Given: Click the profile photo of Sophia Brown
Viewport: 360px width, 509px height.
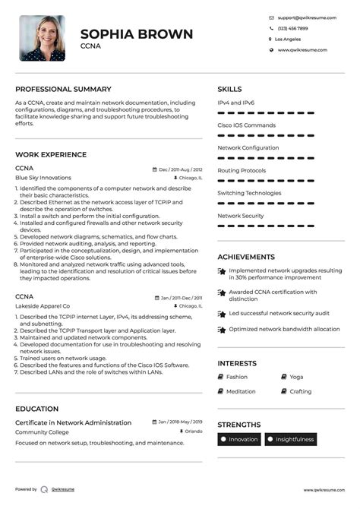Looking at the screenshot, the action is [x=42, y=38].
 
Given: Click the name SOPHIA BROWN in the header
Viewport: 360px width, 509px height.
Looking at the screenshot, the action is [x=137, y=34].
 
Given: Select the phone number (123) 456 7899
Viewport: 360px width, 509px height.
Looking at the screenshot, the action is [x=292, y=27].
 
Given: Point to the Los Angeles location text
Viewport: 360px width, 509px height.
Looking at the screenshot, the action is [x=288, y=39].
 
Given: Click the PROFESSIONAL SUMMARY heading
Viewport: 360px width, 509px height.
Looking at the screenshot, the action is [x=63, y=89].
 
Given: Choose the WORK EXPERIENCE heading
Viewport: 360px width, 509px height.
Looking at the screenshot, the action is [x=51, y=154].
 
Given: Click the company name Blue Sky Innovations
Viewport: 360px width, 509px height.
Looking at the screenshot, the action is [x=43, y=178].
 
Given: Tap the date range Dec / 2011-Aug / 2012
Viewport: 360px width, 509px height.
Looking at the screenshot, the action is [x=180, y=169].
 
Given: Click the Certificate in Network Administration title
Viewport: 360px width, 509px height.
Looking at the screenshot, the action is [x=73, y=422].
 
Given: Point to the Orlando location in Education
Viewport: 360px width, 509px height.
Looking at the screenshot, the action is [x=193, y=432].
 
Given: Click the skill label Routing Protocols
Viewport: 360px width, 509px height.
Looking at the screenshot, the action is [x=242, y=171].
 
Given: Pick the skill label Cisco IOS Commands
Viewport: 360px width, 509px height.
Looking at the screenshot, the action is [x=247, y=125].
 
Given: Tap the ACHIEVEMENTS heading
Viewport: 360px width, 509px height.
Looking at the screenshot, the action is [x=246, y=257].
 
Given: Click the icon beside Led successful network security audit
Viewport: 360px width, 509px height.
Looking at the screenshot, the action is [x=221, y=313].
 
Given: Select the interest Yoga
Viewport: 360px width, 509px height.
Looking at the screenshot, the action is [x=296, y=377].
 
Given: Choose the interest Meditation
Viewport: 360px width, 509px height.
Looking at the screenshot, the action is [x=241, y=391].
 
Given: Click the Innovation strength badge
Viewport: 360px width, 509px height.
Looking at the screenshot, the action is [x=240, y=439].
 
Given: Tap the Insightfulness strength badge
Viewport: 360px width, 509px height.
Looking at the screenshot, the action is [x=292, y=439].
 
